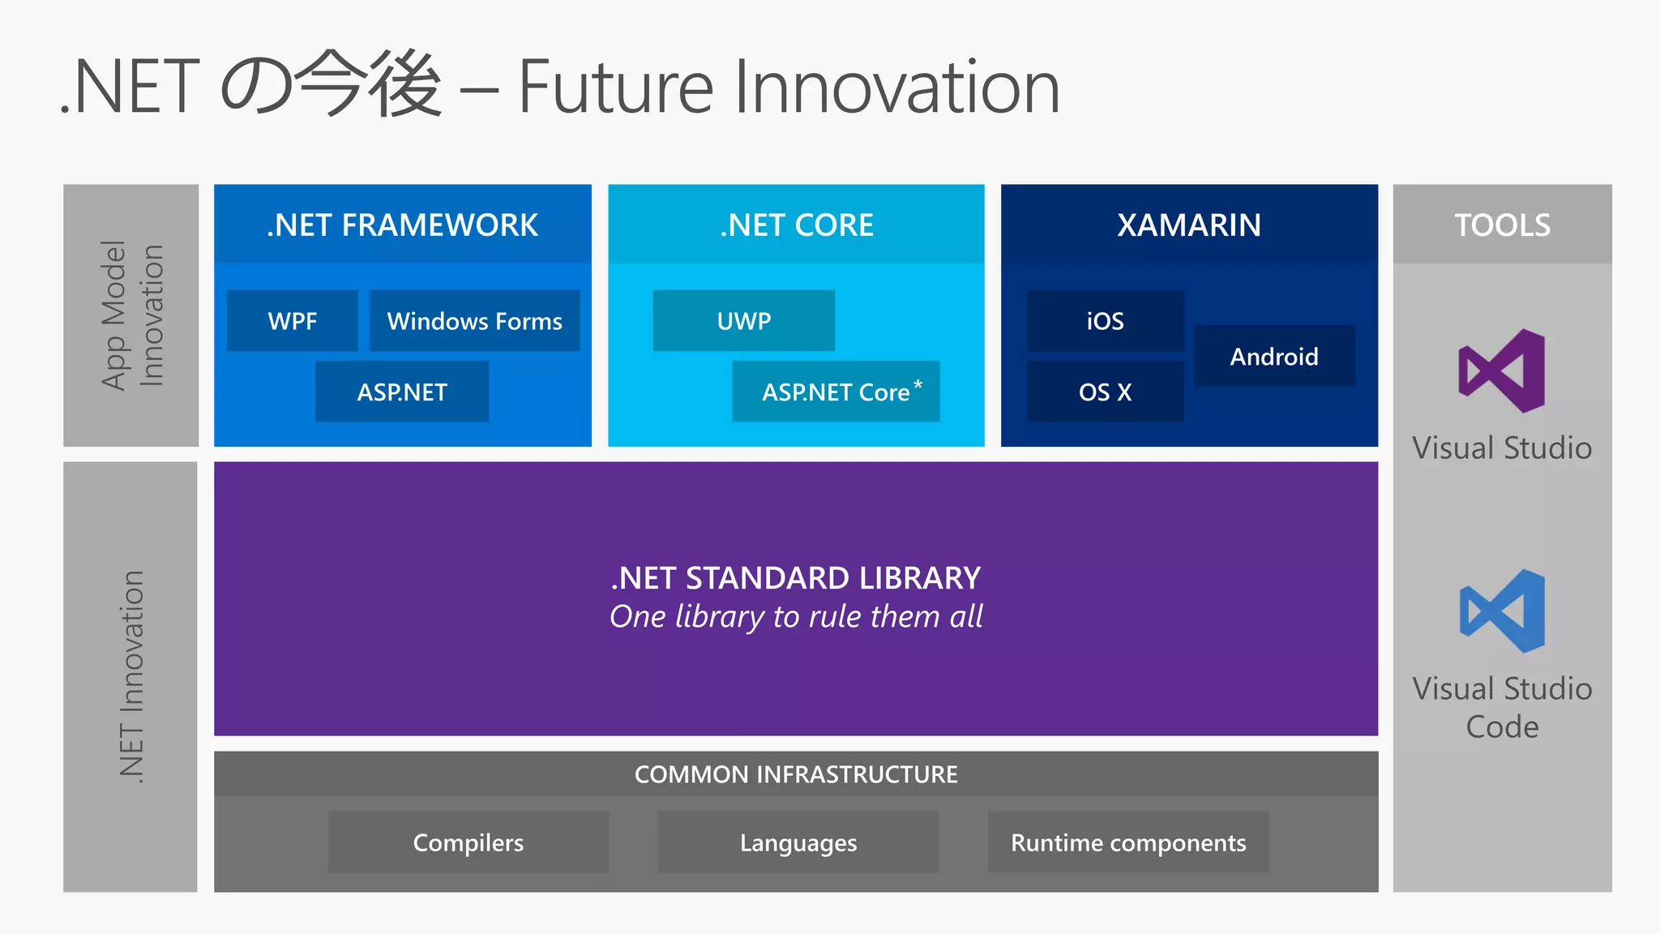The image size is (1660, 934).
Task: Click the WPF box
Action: click(x=292, y=321)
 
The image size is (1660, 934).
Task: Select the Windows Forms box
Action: click(x=474, y=321)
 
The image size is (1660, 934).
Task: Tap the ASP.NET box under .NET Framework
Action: click(x=402, y=392)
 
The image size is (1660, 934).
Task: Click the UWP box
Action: click(x=743, y=321)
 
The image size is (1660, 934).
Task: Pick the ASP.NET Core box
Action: click(x=835, y=392)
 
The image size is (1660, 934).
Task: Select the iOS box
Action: click(x=1105, y=321)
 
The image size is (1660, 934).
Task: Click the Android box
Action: click(x=1273, y=357)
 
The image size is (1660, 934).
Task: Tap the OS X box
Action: click(x=1105, y=392)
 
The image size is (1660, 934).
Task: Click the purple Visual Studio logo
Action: click(x=1502, y=371)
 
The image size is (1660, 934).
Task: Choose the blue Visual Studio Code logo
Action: click(x=1502, y=611)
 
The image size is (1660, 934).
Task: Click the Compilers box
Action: click(x=468, y=842)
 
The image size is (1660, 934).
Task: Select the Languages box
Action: click(x=798, y=842)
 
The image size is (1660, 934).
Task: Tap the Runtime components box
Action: click(x=1127, y=842)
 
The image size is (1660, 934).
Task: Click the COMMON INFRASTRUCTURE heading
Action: click(x=796, y=774)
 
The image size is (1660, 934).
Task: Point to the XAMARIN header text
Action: click(x=1189, y=225)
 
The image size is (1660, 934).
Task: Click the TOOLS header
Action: click(x=1502, y=225)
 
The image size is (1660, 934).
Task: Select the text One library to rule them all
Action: click(x=796, y=617)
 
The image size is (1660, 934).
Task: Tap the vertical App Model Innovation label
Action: click(x=131, y=315)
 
